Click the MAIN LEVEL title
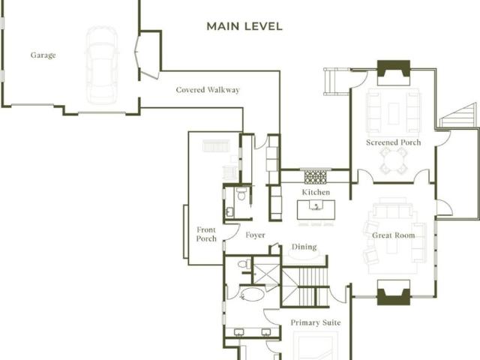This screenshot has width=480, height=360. click(x=244, y=26)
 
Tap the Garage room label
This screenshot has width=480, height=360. click(x=43, y=55)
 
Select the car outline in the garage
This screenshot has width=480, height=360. click(x=102, y=65)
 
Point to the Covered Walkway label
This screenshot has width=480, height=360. click(x=208, y=90)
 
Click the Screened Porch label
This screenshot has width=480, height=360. click(x=393, y=142)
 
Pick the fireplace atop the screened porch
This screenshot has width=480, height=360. click(x=393, y=73)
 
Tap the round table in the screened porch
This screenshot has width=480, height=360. click(x=393, y=160)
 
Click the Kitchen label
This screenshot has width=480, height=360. click(x=316, y=192)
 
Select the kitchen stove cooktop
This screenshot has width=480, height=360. click(x=315, y=177)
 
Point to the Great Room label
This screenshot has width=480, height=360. click(x=393, y=235)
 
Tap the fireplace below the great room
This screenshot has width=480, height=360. click(x=393, y=292)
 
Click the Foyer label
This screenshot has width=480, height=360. click(x=255, y=235)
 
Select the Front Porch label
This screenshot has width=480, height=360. click(x=206, y=234)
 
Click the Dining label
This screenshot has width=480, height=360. click(x=304, y=247)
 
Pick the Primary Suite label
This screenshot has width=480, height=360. click(x=316, y=322)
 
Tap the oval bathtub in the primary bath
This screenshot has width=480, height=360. click(x=252, y=295)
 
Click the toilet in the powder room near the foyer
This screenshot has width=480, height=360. click(x=241, y=193)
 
